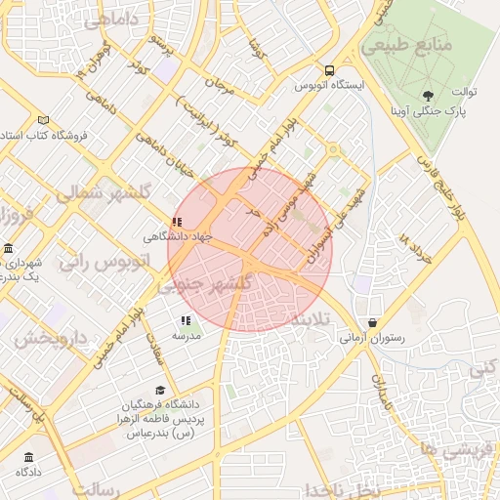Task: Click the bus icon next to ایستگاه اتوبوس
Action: [329, 70]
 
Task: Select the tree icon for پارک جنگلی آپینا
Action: [428, 95]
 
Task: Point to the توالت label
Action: [462, 92]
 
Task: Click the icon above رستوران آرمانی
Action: [372, 323]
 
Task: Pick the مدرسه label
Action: [187, 335]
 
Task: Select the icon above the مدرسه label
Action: [186, 319]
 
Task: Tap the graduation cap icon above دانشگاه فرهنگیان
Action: [160, 390]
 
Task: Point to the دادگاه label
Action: [27, 471]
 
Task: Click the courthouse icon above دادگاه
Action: [27, 456]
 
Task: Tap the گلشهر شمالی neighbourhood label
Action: [103, 193]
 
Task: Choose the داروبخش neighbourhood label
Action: [51, 339]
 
